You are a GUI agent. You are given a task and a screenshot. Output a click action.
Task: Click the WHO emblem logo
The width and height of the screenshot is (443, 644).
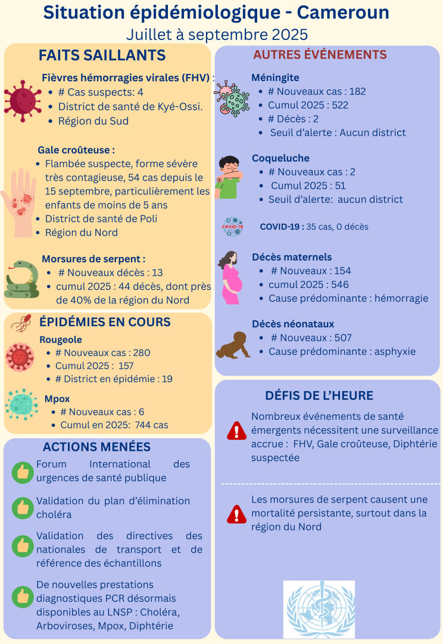click(x=319, y=609)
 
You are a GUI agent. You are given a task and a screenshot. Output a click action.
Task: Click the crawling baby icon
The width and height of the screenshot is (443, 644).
click(x=233, y=346)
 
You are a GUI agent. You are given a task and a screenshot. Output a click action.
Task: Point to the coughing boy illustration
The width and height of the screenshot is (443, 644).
click(x=229, y=177)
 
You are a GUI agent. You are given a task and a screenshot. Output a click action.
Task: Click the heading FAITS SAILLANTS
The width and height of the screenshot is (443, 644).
click(x=102, y=55)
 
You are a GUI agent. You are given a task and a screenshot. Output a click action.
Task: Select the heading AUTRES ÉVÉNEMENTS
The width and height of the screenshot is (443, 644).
click(x=320, y=55)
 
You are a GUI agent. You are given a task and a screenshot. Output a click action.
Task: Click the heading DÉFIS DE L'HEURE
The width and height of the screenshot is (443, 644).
click(x=319, y=395)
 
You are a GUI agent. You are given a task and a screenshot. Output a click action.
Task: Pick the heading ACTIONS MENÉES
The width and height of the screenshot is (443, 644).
click(x=96, y=447)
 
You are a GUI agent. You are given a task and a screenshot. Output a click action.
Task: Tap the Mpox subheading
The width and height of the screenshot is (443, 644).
click(x=57, y=398)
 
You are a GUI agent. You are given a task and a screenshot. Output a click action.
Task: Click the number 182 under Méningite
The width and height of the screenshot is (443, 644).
click(x=357, y=91)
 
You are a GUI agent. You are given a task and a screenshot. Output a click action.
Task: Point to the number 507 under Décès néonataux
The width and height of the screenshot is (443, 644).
click(x=343, y=338)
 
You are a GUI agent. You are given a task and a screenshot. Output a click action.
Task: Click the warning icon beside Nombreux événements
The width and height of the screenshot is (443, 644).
click(x=237, y=430)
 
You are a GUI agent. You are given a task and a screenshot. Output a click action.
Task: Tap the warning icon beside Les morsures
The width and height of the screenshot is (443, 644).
click(x=237, y=513)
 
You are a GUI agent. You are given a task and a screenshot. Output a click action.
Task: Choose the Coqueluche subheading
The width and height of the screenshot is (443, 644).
click(x=280, y=158)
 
